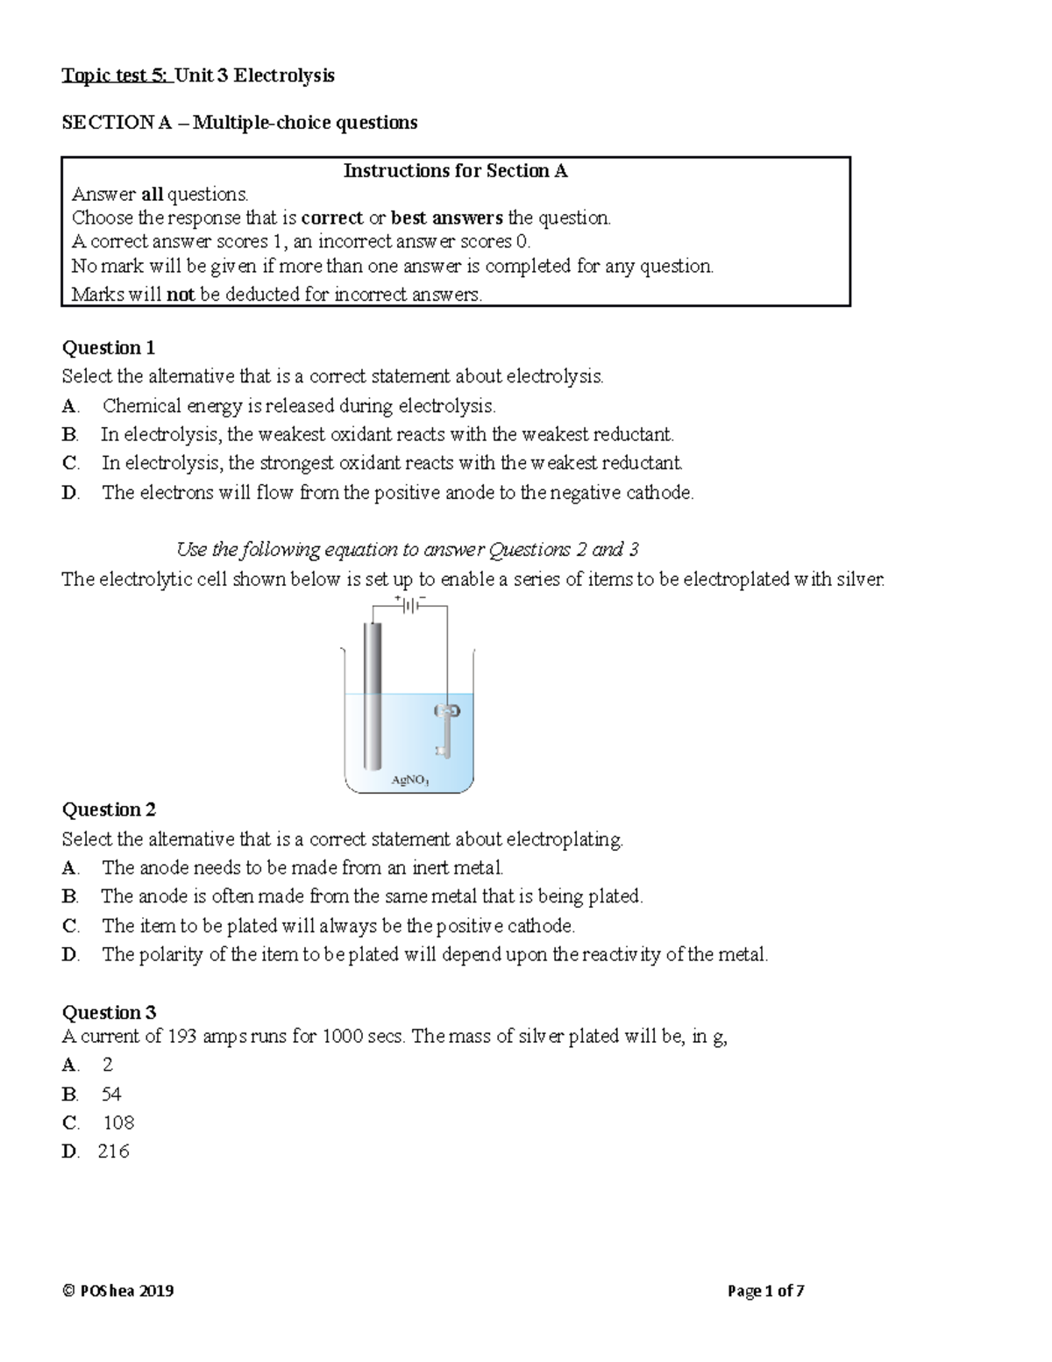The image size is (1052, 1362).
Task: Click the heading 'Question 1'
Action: (108, 348)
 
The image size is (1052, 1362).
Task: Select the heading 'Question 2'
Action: (108, 809)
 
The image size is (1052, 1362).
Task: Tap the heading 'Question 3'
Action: (108, 1013)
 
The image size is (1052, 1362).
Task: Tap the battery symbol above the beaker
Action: (409, 604)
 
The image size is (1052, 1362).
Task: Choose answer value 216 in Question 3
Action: (114, 1152)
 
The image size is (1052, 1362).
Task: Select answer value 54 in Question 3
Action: (111, 1095)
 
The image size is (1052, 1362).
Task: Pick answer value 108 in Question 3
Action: (118, 1123)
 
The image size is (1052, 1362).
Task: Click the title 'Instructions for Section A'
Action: (455, 171)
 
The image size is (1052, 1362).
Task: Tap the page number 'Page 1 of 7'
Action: (765, 1291)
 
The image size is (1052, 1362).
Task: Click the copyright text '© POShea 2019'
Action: (117, 1291)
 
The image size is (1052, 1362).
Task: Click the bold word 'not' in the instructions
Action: (181, 295)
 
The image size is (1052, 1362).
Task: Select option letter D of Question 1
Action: (70, 493)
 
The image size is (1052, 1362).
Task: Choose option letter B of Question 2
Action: (70, 896)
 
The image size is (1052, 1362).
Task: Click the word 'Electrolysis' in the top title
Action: (283, 75)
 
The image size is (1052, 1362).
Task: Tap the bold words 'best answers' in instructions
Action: (446, 218)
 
